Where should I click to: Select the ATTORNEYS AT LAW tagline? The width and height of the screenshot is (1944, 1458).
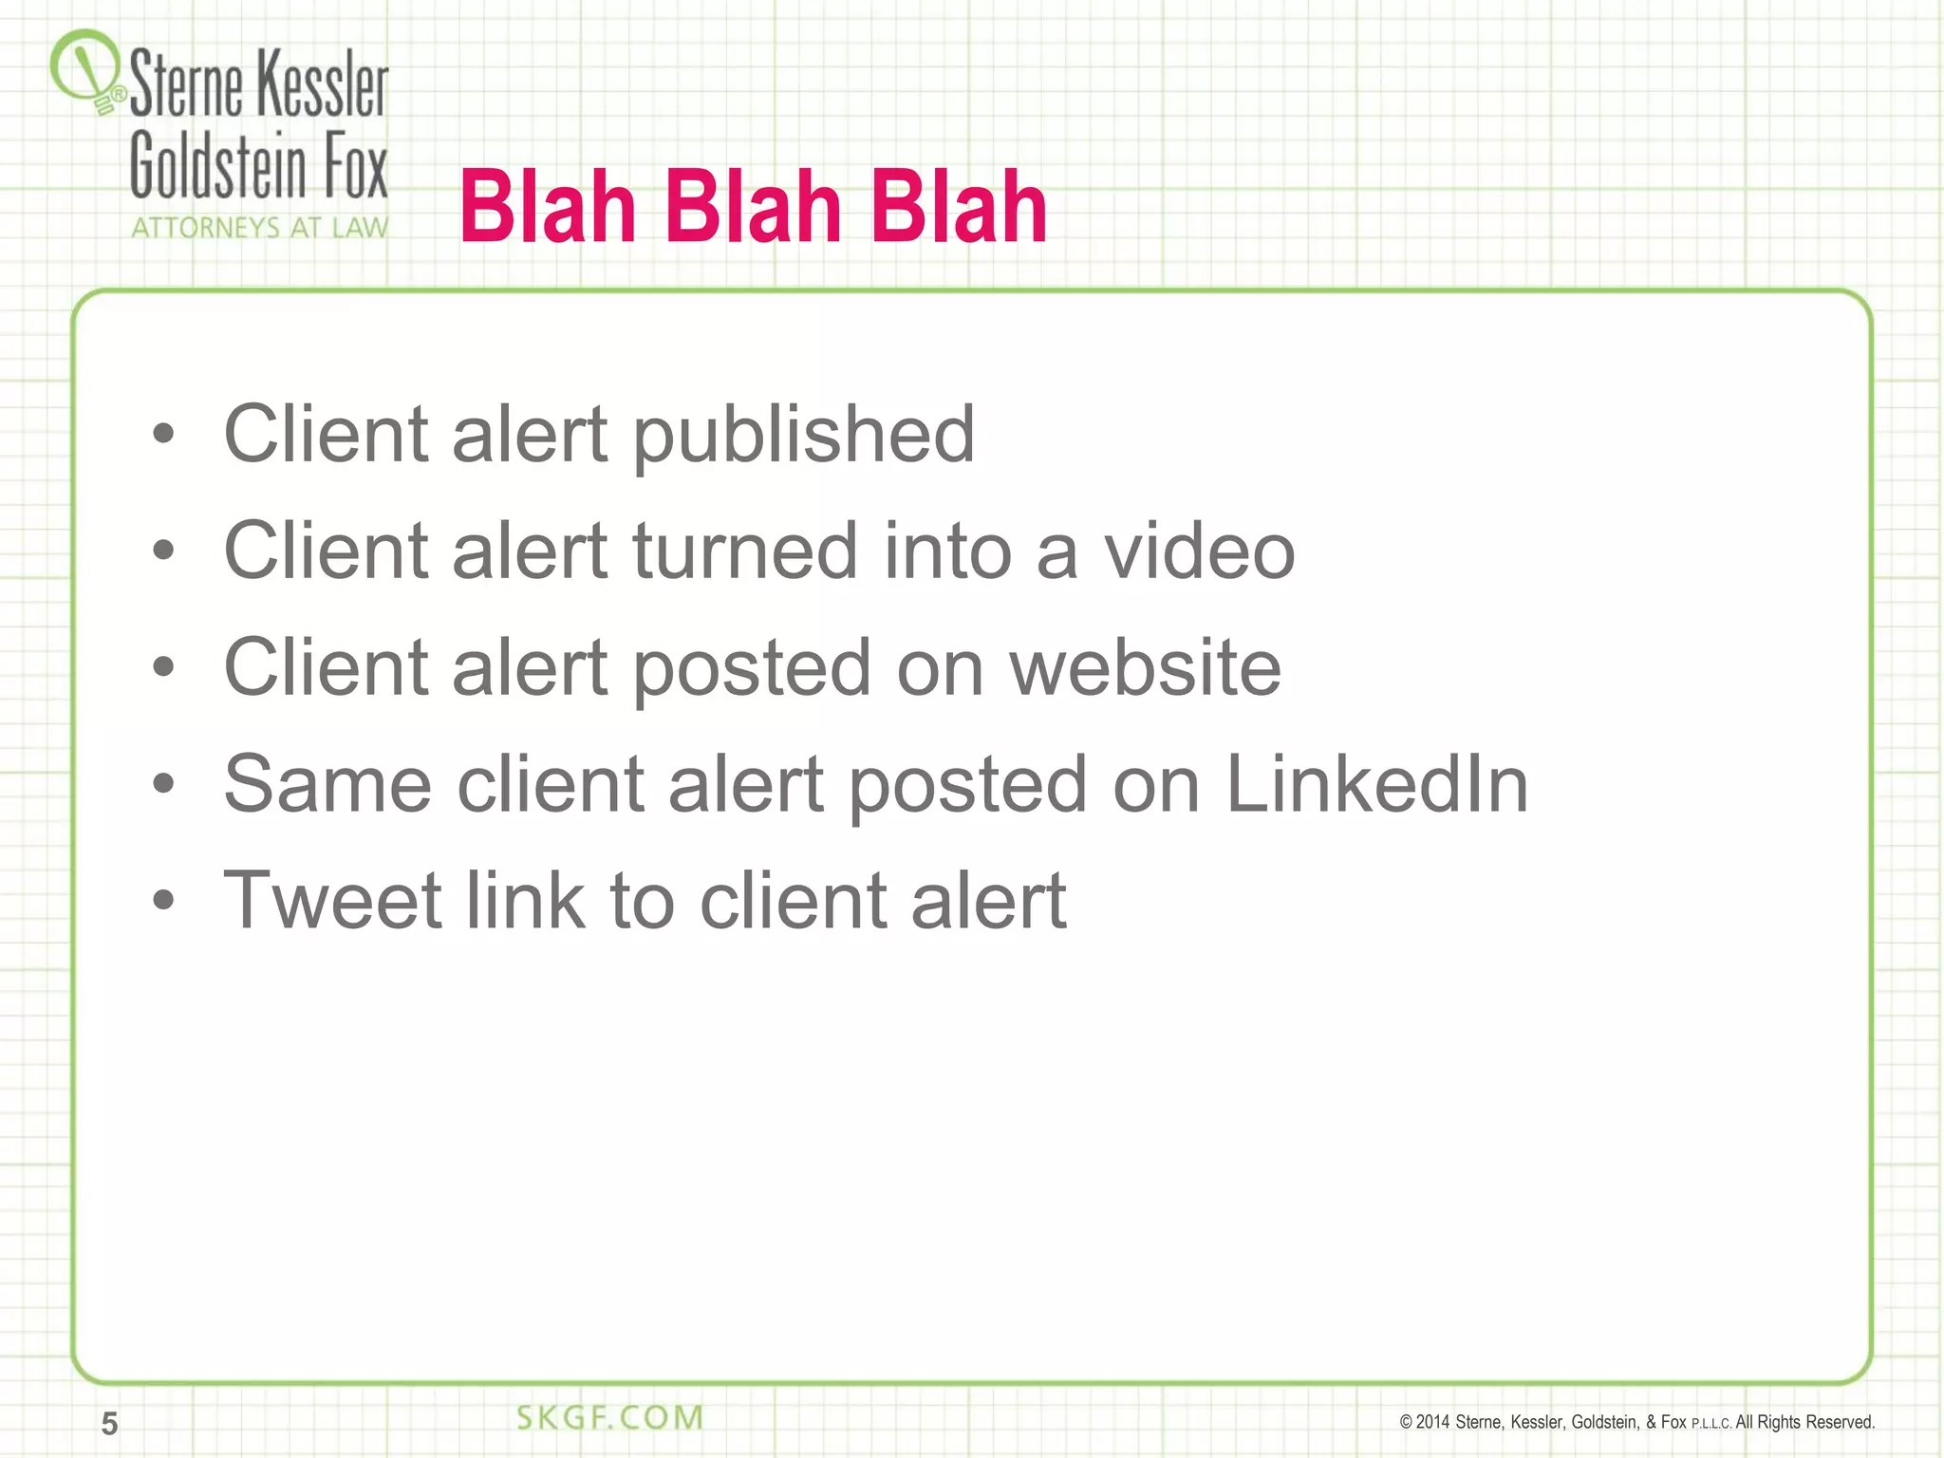pyautogui.click(x=259, y=228)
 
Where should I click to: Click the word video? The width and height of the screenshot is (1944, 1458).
pyautogui.click(x=1198, y=551)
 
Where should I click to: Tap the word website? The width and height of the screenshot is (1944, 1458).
pyautogui.click(x=1145, y=667)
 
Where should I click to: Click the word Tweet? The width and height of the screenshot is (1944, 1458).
pyautogui.click(x=332, y=900)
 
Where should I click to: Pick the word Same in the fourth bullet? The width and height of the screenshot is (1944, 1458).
pyautogui.click(x=327, y=784)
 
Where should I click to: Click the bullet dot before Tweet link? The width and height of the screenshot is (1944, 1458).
pyautogui.click(x=164, y=900)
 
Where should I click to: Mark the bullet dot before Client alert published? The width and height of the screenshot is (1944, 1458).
pyautogui.click(x=164, y=435)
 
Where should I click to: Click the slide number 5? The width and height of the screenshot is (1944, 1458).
pyautogui.click(x=110, y=1424)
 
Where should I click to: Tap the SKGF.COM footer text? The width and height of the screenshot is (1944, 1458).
pyautogui.click(x=609, y=1418)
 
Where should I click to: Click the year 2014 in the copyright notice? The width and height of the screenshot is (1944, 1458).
pyautogui.click(x=1432, y=1422)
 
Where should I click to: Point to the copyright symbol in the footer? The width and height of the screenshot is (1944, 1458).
pyautogui.click(x=1406, y=1422)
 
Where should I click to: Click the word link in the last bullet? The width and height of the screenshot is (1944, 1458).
pyautogui.click(x=524, y=900)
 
